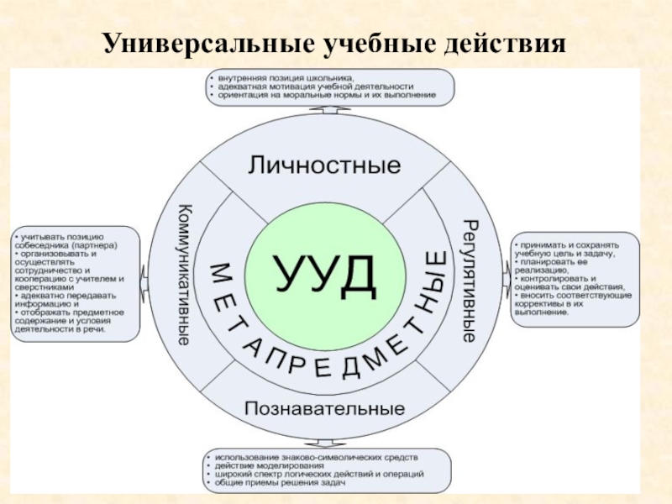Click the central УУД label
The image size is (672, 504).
324,274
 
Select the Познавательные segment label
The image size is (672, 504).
324,409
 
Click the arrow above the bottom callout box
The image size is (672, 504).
323,443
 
